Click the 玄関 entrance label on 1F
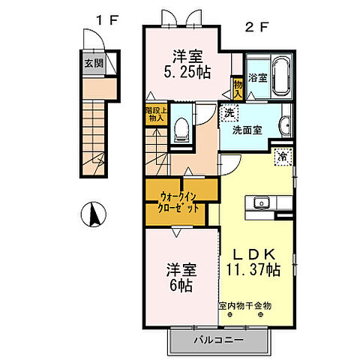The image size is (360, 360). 94,63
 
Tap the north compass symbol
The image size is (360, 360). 94,214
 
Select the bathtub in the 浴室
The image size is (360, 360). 282,76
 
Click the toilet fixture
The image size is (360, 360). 181,130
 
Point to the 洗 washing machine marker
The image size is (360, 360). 229,112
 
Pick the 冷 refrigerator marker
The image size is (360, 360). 283,157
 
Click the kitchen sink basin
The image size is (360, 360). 262,202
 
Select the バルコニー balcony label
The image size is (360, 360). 219,340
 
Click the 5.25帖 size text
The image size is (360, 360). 187,72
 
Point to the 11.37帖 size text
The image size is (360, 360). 253,269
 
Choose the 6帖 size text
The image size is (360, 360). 181,286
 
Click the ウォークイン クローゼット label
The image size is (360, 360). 178,202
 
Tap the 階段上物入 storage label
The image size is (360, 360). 156,114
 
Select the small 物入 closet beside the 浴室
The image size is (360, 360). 238,89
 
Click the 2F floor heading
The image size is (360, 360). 257,28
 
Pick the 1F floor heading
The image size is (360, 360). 107,20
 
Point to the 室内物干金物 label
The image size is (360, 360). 245,305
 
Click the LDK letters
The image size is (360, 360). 254,254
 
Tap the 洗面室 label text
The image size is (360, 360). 247,130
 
